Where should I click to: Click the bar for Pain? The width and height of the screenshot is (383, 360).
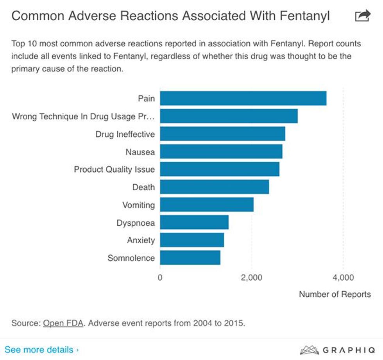[x=243, y=98]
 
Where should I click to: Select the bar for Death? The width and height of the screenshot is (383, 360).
[x=214, y=187]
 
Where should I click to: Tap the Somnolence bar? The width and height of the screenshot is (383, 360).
[x=190, y=258]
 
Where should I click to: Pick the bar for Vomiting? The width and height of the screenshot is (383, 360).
[x=206, y=205]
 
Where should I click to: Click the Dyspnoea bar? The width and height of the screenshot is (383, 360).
[x=194, y=222]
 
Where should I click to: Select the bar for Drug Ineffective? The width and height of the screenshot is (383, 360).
[x=222, y=134]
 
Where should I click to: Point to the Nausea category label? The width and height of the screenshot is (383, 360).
[x=140, y=152]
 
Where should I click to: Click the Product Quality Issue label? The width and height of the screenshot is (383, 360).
[x=114, y=169]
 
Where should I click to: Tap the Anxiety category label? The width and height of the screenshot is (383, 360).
[x=141, y=240]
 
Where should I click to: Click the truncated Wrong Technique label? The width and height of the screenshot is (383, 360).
[x=83, y=116]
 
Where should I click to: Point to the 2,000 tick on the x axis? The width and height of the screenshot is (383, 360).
[x=251, y=278]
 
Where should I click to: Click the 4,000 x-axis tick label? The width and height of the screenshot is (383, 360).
[x=343, y=278]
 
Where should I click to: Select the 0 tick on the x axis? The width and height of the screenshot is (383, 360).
[x=160, y=278]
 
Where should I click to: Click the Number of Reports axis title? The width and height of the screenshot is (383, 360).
[x=335, y=294]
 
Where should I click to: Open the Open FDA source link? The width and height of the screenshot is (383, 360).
[x=63, y=323]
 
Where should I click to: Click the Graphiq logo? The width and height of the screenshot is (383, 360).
[x=336, y=349]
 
